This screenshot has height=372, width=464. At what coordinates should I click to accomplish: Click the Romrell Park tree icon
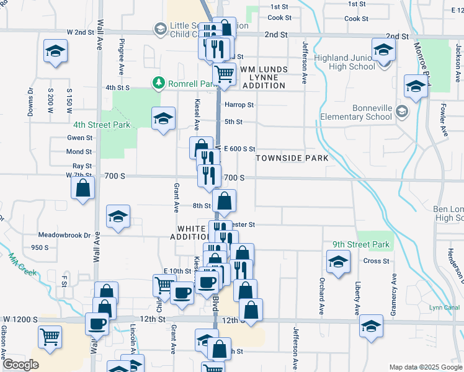coord(159,82)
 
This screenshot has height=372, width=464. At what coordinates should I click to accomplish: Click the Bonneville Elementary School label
coord(356,112)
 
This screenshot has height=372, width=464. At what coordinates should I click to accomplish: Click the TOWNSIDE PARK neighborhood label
coord(292,159)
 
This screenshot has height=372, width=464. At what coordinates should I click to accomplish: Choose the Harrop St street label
coord(239,105)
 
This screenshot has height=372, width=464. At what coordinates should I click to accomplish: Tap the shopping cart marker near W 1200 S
coord(50,336)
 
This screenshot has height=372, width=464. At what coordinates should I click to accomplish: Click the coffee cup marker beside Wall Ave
coord(97,322)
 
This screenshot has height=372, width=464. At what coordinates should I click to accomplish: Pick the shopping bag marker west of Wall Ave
coord(83,187)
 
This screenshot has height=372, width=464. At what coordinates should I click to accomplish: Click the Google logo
coord(20,365)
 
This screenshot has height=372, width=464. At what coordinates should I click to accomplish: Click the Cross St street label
coord(376,261)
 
